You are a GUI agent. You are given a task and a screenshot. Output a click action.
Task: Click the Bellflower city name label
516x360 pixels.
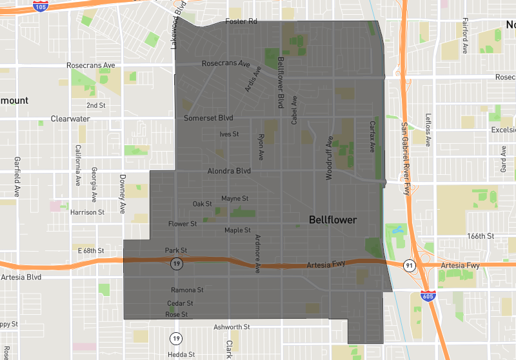pyautogui.click(x=332, y=220)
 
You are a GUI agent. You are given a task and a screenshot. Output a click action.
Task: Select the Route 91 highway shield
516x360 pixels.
pyautogui.click(x=409, y=265)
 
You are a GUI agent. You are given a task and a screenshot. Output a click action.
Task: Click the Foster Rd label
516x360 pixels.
pyautogui.click(x=241, y=22)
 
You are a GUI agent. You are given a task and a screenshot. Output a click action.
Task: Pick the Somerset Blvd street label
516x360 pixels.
pyautogui.click(x=208, y=118)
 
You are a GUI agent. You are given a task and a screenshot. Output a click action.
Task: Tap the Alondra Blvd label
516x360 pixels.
pyautogui.click(x=228, y=171)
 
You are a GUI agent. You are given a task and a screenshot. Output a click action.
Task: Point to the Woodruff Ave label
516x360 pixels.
pyautogui.click(x=329, y=157)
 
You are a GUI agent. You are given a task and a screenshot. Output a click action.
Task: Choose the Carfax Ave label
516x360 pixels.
pyautogui.click(x=372, y=136)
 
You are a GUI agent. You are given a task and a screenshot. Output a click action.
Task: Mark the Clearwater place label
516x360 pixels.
pyautogui.click(x=70, y=119)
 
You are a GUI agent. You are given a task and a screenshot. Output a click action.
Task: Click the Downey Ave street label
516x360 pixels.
pyautogui.click(x=122, y=194)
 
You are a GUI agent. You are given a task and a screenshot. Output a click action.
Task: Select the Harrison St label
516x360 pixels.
pyautogui.click(x=87, y=212)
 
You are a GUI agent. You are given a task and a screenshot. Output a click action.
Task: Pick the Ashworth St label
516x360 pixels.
pyautogui.click(x=231, y=327)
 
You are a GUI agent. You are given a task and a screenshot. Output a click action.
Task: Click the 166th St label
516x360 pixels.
pyautogui.click(x=481, y=236)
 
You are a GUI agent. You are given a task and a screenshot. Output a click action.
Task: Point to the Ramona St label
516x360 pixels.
pyautogui.click(x=187, y=290)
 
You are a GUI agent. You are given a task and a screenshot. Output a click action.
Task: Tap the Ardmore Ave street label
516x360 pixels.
pyautogui.click(x=257, y=254)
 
